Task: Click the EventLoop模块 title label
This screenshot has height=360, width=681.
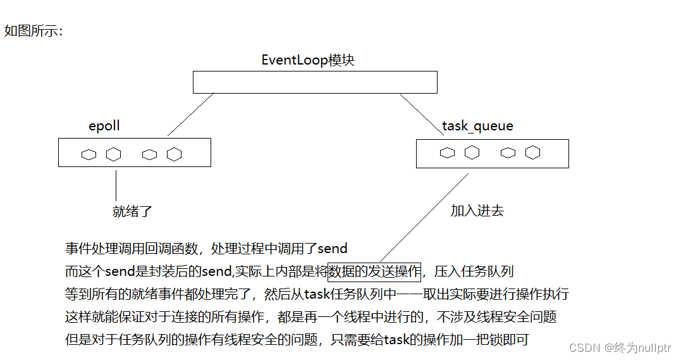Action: pos(308,60)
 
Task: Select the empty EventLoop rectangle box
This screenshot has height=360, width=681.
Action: pos(315,82)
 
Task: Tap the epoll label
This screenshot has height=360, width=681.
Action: pos(104,126)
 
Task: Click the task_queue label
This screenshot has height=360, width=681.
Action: pos(477,126)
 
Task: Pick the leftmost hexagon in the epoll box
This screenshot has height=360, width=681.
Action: pos(89,154)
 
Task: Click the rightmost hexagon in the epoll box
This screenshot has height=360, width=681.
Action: pos(174,154)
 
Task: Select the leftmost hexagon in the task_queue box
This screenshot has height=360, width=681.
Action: pos(448,152)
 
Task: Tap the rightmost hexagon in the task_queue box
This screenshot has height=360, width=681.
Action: pos(532,152)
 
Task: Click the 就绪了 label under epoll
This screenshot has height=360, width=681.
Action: pos(133,211)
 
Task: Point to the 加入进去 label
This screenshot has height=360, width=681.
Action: pos(477,211)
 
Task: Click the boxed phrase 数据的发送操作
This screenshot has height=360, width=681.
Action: pos(374,272)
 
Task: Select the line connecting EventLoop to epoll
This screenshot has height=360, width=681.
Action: pos(191,115)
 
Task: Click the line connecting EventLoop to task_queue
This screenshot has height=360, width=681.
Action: pos(422,115)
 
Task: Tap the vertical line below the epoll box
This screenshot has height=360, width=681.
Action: pos(116,184)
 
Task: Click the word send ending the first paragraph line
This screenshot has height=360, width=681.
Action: pos(331,248)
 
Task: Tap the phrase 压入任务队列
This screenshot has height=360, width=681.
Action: pos(474,272)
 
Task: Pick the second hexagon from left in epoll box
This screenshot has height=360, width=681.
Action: pos(113,154)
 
